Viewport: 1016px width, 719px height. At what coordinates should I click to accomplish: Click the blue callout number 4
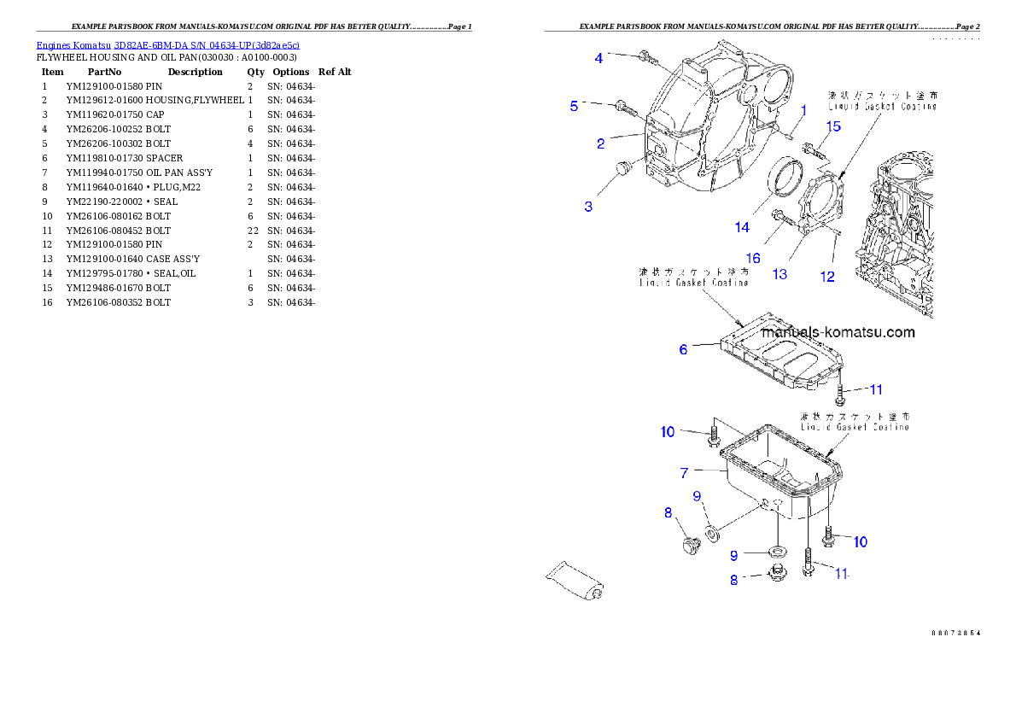[x=599, y=58]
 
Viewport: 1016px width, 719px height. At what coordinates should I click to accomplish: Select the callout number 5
[x=575, y=106]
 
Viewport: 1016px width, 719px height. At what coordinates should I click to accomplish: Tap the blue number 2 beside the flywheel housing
[x=601, y=143]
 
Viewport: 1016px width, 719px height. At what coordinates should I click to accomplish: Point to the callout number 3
[x=588, y=207]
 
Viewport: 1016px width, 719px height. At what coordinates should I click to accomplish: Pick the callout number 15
[x=832, y=126]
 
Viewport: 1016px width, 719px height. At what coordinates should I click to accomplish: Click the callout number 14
[x=741, y=227]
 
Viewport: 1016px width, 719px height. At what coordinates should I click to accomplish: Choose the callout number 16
[x=752, y=258]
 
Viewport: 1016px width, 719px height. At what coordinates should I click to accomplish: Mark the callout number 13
[x=780, y=274]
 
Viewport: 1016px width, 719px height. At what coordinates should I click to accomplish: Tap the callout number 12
[x=827, y=277]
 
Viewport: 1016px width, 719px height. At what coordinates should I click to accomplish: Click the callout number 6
[x=683, y=349]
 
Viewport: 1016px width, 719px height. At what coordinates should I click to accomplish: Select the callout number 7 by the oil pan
[x=685, y=472]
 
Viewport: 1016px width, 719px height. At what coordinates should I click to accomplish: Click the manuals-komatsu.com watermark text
[x=838, y=333]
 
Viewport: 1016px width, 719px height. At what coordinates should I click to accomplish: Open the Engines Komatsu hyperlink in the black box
[x=167, y=45]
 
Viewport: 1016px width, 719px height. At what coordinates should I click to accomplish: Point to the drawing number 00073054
[x=955, y=633]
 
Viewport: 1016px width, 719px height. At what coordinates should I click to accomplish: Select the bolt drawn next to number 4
[x=647, y=58]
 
